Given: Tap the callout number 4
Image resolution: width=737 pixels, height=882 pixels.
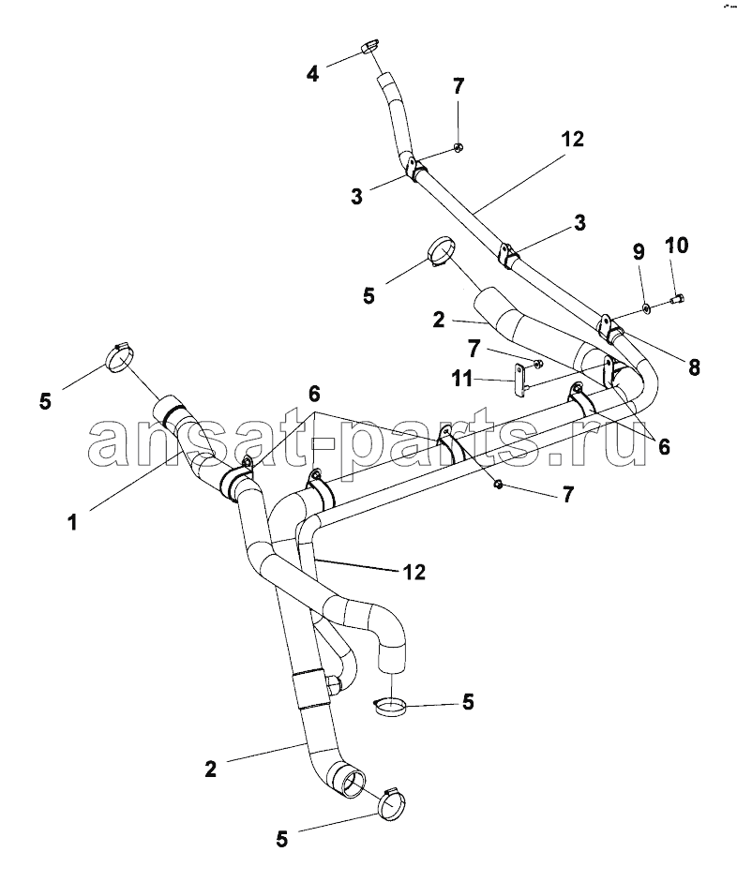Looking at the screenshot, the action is pyautogui.click(x=313, y=73).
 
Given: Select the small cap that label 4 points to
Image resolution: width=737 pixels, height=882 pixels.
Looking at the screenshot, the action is pyautogui.click(x=368, y=46).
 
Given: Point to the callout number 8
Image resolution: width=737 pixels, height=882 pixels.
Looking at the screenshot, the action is pyautogui.click(x=694, y=367).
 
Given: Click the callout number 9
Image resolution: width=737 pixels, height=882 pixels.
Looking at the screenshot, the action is pyautogui.click(x=639, y=252).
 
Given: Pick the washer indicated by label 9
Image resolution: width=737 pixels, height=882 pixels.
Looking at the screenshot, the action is pyautogui.click(x=646, y=307).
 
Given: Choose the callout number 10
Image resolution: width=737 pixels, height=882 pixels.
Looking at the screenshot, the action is pyautogui.click(x=676, y=246).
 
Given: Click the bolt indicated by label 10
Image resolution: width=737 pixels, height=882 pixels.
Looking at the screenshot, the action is pyautogui.click(x=677, y=299).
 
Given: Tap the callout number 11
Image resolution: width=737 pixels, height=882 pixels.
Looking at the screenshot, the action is pyautogui.click(x=462, y=379).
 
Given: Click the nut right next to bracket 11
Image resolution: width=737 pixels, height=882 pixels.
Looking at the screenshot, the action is pyautogui.click(x=537, y=365).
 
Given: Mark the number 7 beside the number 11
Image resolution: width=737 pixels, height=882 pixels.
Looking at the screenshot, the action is pyautogui.click(x=474, y=350).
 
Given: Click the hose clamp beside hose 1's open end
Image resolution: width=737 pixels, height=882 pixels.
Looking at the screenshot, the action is pyautogui.click(x=120, y=358).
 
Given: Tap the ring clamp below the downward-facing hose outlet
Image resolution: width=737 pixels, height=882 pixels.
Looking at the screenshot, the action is pyautogui.click(x=390, y=707).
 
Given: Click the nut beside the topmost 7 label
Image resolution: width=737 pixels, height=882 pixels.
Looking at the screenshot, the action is pyautogui.click(x=458, y=148).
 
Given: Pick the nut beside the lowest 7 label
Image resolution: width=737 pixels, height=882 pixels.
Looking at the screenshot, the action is pyautogui.click(x=498, y=484).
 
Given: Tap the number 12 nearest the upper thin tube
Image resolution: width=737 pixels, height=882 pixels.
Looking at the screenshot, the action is pyautogui.click(x=572, y=139).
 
